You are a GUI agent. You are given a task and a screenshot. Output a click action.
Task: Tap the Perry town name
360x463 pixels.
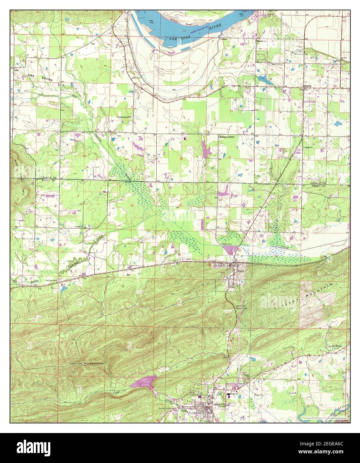click(241, 271)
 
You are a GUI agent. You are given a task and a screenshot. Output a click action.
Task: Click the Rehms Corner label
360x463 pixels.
click(227, 137)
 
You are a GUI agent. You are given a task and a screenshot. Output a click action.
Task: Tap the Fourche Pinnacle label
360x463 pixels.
click(94, 363)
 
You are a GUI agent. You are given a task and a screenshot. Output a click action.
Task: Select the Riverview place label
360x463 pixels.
click(262, 41)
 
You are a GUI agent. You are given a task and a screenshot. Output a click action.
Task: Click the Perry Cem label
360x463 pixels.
click(206, 230)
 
